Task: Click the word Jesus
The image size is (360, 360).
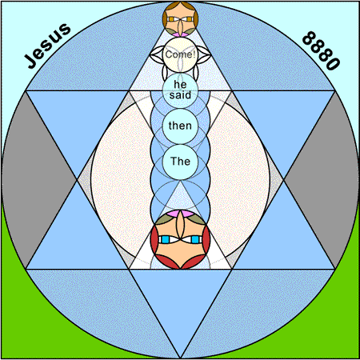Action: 48,46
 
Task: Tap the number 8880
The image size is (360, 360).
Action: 322,50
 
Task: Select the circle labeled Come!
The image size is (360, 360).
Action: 180,54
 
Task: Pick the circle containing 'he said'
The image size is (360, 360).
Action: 180,90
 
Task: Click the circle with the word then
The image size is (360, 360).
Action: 180,126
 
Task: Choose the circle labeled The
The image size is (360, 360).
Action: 180,162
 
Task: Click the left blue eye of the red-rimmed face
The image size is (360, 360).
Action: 166,239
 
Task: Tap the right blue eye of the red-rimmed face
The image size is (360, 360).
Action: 195,239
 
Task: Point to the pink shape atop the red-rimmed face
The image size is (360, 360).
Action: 180,213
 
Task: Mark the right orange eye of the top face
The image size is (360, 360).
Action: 189,19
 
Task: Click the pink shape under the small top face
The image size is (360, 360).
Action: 180,34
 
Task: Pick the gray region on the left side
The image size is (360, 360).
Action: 38,180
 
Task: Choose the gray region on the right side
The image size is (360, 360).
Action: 322,180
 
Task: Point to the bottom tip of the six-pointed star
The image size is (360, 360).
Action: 180,358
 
